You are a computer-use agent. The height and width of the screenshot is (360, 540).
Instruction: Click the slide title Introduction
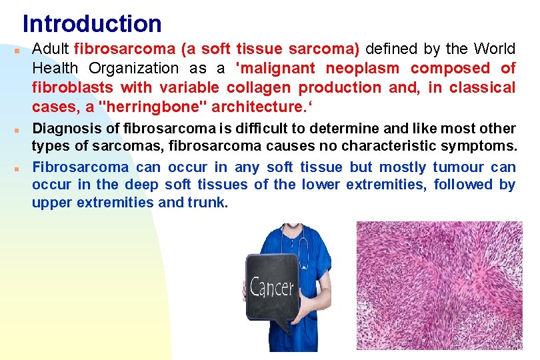pos(92,24)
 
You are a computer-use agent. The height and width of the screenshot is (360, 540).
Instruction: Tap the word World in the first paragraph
pos(494,49)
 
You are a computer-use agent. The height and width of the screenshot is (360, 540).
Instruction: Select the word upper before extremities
pos(52,202)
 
